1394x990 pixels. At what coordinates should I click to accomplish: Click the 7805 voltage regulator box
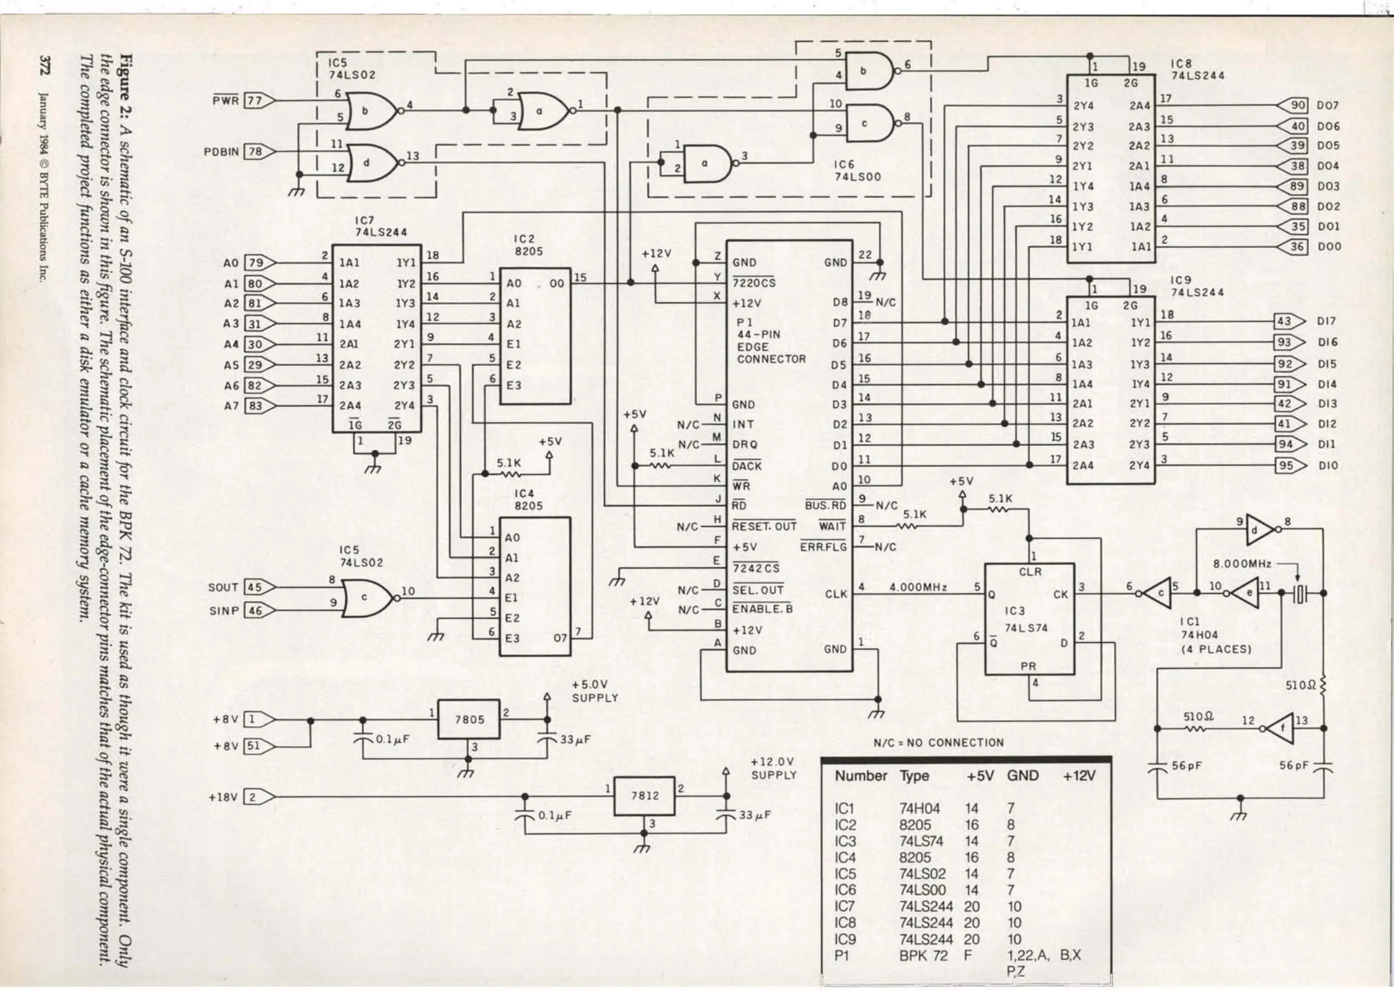point(469,719)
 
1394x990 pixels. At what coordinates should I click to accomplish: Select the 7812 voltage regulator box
point(644,796)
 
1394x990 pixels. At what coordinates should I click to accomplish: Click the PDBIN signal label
point(221,151)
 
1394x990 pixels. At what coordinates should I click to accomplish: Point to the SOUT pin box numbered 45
point(254,587)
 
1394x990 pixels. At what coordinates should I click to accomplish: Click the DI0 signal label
point(1328,465)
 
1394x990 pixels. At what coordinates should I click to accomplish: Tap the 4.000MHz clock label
point(918,587)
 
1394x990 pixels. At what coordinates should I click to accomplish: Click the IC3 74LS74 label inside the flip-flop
point(1026,619)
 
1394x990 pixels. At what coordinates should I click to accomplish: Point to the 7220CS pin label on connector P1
point(754,283)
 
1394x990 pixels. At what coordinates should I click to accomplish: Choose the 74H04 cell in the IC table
point(919,808)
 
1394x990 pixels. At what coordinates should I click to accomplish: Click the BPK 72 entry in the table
point(923,955)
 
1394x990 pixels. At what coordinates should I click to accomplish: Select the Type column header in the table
point(914,776)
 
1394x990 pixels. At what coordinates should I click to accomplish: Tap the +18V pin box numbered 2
point(253,797)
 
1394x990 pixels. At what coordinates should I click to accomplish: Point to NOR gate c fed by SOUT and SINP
point(366,598)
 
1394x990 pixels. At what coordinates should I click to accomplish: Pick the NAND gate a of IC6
point(707,163)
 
